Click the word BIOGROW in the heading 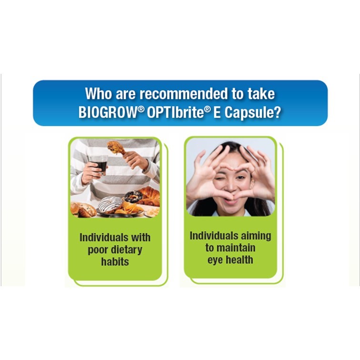(x=108, y=112)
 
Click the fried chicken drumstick (x=116, y=148)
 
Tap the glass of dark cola (x=99, y=164)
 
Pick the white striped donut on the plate (x=110, y=204)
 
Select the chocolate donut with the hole (x=134, y=197)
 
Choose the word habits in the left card (x=115, y=261)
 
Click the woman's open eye (x=240, y=178)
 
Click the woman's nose (x=230, y=187)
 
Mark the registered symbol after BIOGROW (x=141, y=109)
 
